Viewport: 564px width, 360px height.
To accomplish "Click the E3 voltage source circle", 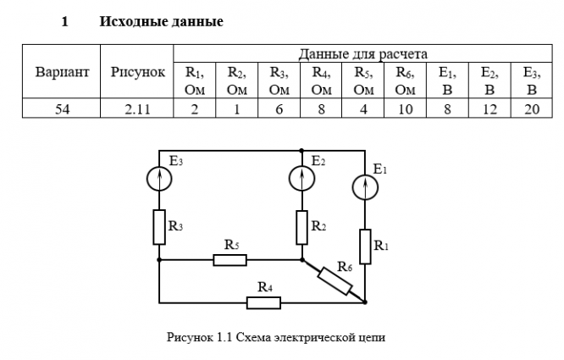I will point(159,178).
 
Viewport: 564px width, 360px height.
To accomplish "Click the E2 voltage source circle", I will point(302,178).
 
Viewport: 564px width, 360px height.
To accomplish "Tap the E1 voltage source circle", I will point(366,188).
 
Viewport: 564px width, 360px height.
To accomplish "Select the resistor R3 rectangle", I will point(159,226).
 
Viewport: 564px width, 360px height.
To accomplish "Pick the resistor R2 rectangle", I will point(302,226).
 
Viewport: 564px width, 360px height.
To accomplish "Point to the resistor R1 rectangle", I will point(366,246).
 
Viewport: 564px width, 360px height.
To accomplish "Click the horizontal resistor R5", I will point(229,260).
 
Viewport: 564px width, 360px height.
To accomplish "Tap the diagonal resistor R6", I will point(335,280).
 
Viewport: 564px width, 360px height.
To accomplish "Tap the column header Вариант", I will point(62,73).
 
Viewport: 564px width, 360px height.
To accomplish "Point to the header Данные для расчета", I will point(362,53).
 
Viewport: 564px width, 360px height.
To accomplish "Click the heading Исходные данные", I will point(161,21).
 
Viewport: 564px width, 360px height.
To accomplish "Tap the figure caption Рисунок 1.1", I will point(277,338).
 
